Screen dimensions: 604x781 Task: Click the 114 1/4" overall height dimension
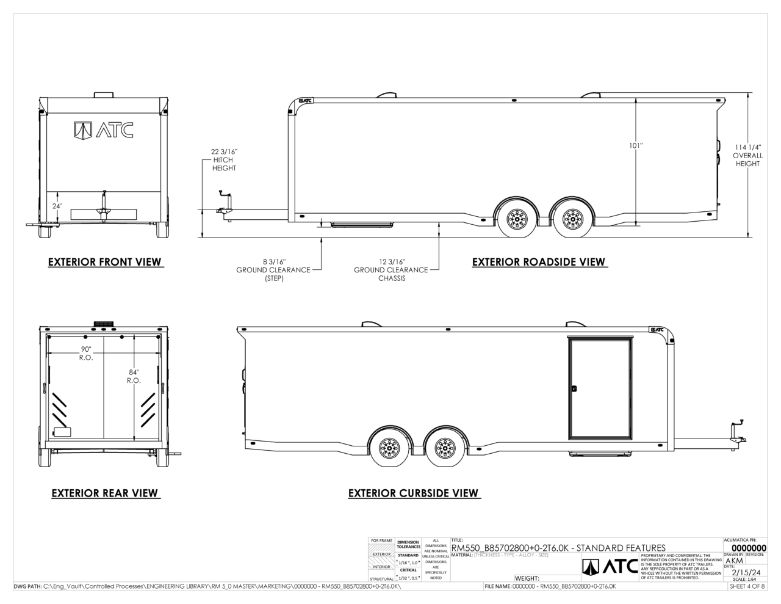point(747,155)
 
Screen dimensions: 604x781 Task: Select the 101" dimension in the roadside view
point(636,145)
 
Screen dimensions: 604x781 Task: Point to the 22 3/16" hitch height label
point(224,159)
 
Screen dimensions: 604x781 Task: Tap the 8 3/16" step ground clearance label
point(273,269)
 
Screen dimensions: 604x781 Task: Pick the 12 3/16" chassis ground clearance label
point(391,269)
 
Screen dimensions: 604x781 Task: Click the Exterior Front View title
point(105,262)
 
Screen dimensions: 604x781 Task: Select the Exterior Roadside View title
point(539,262)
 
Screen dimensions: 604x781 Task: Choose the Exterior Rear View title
point(105,493)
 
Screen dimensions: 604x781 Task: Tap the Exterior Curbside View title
point(414,493)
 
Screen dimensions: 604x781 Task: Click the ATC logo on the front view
point(104,129)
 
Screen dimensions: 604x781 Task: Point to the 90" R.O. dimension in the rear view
point(86,353)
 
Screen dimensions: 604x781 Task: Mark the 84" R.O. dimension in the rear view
point(134,376)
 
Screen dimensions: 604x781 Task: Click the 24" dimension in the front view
point(57,206)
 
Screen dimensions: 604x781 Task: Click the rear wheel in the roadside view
point(572,217)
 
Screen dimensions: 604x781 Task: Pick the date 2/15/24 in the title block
point(746,572)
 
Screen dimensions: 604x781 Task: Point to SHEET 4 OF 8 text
point(747,586)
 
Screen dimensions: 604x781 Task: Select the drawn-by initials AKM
point(735,561)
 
